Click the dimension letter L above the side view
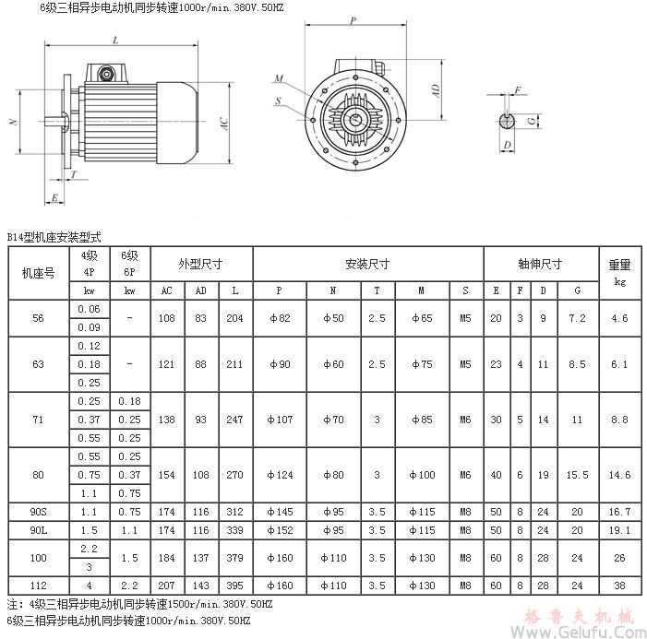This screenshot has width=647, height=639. (x=114, y=41)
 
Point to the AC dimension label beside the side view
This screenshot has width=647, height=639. (x=224, y=124)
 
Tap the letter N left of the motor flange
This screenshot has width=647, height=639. (x=12, y=122)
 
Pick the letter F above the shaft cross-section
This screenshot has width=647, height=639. (x=519, y=89)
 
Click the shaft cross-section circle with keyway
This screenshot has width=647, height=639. (x=507, y=121)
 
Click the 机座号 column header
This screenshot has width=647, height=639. (x=38, y=273)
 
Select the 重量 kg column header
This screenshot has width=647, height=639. (x=619, y=273)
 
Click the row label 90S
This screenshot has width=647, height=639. (x=38, y=511)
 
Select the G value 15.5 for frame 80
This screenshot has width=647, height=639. (x=578, y=475)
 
